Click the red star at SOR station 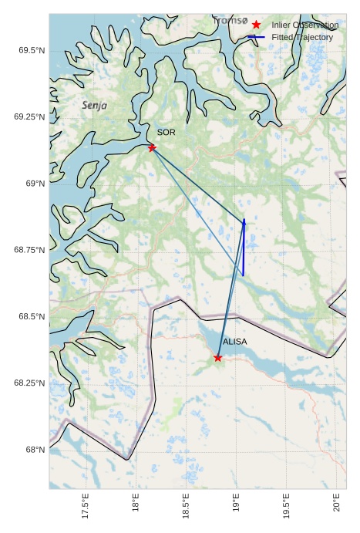pyautogui.click(x=152, y=147)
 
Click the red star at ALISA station pyautogui.click(x=218, y=357)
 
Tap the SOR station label pyautogui.click(x=167, y=133)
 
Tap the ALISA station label pyautogui.click(x=235, y=341)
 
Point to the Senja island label pyautogui.click(x=95, y=105)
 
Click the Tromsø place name pyautogui.click(x=230, y=21)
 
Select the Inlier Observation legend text pyautogui.click(x=305, y=25)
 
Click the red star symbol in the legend pyautogui.click(x=256, y=25)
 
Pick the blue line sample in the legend pyautogui.click(x=256, y=37)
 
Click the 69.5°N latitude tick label pyautogui.click(x=31, y=50)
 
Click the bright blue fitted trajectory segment pyautogui.click(x=244, y=247)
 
